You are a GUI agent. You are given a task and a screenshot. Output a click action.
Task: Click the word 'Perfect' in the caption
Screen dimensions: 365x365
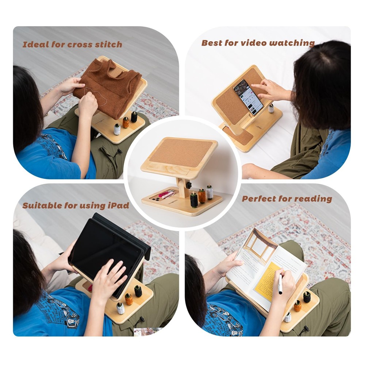pyautogui.click(x=259, y=199)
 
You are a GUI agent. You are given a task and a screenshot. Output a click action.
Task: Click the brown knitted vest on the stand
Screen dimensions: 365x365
pyautogui.click(x=106, y=86)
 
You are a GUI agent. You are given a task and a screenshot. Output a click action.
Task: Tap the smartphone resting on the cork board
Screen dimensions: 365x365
pyautogui.click(x=248, y=97)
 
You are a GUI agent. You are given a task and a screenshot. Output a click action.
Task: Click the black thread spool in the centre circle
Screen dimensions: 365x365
pyautogui.click(x=194, y=200)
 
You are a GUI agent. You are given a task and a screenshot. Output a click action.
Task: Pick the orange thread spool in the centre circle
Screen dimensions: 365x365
pyautogui.click(x=202, y=196)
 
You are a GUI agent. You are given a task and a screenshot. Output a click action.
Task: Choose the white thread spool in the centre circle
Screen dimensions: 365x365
pyautogui.click(x=210, y=192)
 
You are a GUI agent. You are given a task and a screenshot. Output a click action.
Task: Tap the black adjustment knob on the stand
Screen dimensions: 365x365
pyautogui.click(x=188, y=185)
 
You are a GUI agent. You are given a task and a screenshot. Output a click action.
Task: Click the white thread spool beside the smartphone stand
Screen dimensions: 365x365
pyautogui.click(x=271, y=108)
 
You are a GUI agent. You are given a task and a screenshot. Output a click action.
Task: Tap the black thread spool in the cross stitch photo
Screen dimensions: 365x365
pyautogui.click(x=134, y=117)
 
